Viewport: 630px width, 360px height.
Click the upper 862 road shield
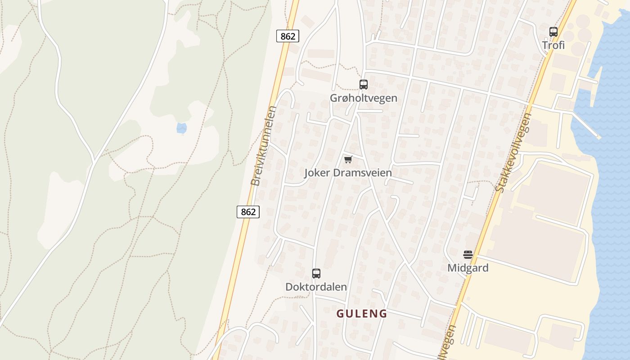pyautogui.click(x=288, y=36)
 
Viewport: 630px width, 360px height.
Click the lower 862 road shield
pyautogui.click(x=248, y=211)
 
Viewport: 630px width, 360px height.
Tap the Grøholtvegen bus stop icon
pyautogui.click(x=363, y=84)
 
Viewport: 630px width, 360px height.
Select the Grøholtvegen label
pyautogui.click(x=364, y=98)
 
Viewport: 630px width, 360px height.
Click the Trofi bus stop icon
pyautogui.click(x=553, y=32)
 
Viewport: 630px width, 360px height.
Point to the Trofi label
pyautogui.click(x=553, y=45)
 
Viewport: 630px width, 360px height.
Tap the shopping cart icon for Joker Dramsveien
pyautogui.click(x=348, y=159)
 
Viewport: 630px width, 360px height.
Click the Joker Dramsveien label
pyautogui.click(x=348, y=173)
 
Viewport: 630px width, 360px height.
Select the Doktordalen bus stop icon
pyautogui.click(x=316, y=273)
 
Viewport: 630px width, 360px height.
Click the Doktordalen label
pyautogui.click(x=316, y=287)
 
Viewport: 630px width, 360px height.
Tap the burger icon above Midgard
pyautogui.click(x=468, y=254)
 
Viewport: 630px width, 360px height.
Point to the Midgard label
pyautogui.click(x=468, y=268)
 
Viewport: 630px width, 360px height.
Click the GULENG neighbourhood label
pyautogui.click(x=362, y=314)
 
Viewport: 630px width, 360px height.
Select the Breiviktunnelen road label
pyautogui.click(x=262, y=146)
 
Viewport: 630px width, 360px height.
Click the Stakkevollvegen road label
pyautogui.click(x=513, y=153)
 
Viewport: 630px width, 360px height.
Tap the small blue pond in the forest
pyautogui.click(x=181, y=128)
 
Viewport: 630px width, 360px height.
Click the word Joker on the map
pyautogui.click(x=318, y=173)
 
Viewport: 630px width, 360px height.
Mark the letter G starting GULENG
pyautogui.click(x=341, y=314)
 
